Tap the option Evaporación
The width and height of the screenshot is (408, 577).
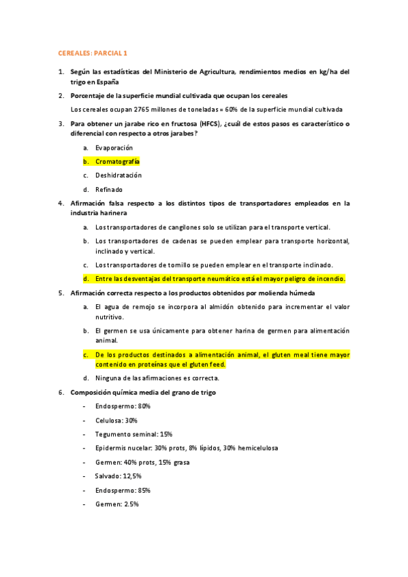pyautogui.click(x=114, y=148)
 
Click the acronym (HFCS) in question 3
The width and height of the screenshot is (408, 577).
pyautogui.click(x=212, y=123)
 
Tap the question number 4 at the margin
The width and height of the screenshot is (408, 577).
pyautogui.click(x=61, y=203)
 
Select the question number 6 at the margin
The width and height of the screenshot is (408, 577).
pyautogui.click(x=61, y=392)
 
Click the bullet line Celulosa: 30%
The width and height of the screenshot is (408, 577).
pyautogui.click(x=116, y=421)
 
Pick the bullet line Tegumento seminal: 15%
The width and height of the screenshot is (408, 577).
pyautogui.click(x=134, y=434)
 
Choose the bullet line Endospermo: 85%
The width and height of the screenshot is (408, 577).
pyautogui.click(x=123, y=490)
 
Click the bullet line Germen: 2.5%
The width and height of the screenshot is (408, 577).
pyautogui.click(x=117, y=504)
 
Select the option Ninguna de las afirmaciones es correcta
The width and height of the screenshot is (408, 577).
pyautogui.click(x=157, y=378)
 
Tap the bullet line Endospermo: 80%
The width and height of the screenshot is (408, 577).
pyautogui.click(x=123, y=406)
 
